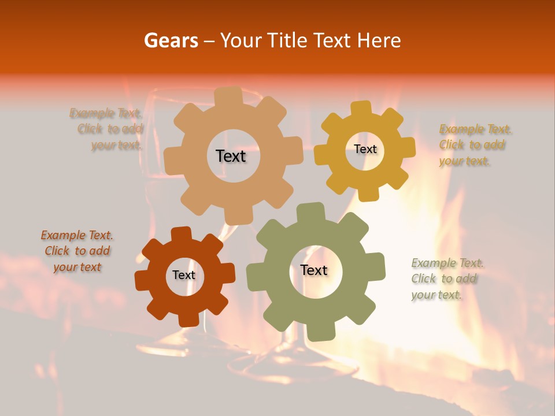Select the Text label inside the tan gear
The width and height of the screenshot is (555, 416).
(x=231, y=156)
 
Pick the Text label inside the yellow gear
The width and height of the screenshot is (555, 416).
(x=365, y=149)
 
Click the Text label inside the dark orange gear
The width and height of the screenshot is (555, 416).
(x=184, y=275)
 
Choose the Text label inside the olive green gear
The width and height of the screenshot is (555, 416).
(x=314, y=270)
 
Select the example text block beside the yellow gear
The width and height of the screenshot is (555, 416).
(x=475, y=145)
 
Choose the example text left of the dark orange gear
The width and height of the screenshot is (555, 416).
(x=77, y=251)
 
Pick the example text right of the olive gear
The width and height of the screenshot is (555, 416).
(x=447, y=278)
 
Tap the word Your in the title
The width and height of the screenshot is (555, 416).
(x=240, y=40)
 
